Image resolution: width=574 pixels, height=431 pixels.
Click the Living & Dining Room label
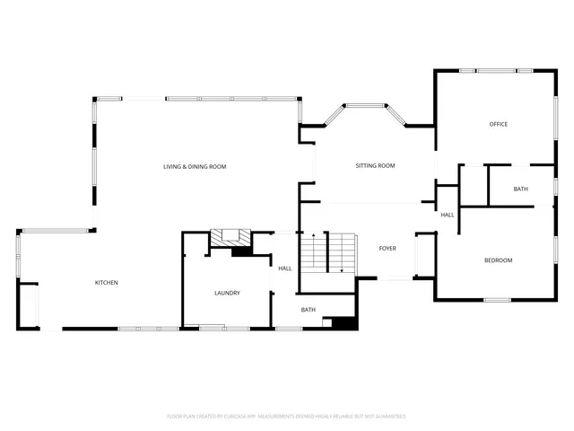(x=194, y=166)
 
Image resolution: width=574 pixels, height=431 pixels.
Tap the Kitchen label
(x=107, y=283)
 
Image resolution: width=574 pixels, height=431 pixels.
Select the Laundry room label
(x=227, y=293)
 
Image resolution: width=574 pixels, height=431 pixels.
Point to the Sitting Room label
(x=375, y=165)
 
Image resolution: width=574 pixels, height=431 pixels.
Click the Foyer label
(x=387, y=248)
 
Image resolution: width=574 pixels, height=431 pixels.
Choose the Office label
(x=499, y=124)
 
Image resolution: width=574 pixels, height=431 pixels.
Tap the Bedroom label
(x=498, y=260)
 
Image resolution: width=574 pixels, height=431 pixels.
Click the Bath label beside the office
(x=521, y=189)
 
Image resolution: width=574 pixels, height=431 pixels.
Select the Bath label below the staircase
(x=309, y=310)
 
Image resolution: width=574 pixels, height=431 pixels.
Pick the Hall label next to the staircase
(x=285, y=268)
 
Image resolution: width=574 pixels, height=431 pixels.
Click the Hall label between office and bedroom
(x=447, y=215)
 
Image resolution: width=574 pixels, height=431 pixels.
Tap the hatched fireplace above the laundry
(x=230, y=237)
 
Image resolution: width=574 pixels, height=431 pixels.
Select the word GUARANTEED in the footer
(x=389, y=417)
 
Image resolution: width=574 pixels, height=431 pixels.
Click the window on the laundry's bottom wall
(x=212, y=328)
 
